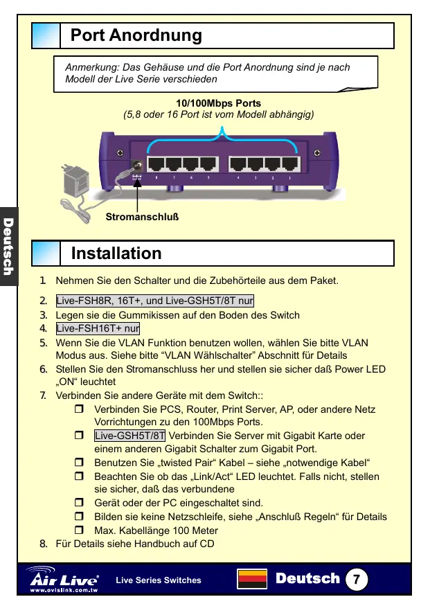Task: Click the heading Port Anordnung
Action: [136, 35]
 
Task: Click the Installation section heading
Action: [116, 253]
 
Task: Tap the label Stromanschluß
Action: [142, 217]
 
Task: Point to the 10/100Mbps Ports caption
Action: [218, 104]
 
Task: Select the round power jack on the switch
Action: [137, 166]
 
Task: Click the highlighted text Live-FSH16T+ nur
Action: [98, 328]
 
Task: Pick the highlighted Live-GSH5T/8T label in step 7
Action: [130, 436]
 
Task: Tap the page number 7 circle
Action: [356, 579]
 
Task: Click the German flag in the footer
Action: [252, 580]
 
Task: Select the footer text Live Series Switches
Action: [159, 580]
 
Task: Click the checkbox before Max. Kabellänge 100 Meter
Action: [79, 530]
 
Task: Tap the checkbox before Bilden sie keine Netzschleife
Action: [79, 517]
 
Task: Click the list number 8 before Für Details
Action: [43, 543]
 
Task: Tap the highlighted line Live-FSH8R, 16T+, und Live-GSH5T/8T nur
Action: [154, 301]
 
